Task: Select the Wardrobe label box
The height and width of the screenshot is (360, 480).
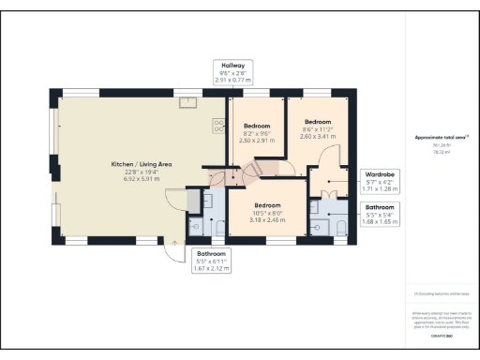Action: (380, 180)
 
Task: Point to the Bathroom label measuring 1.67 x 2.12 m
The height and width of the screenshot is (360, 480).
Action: (213, 260)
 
